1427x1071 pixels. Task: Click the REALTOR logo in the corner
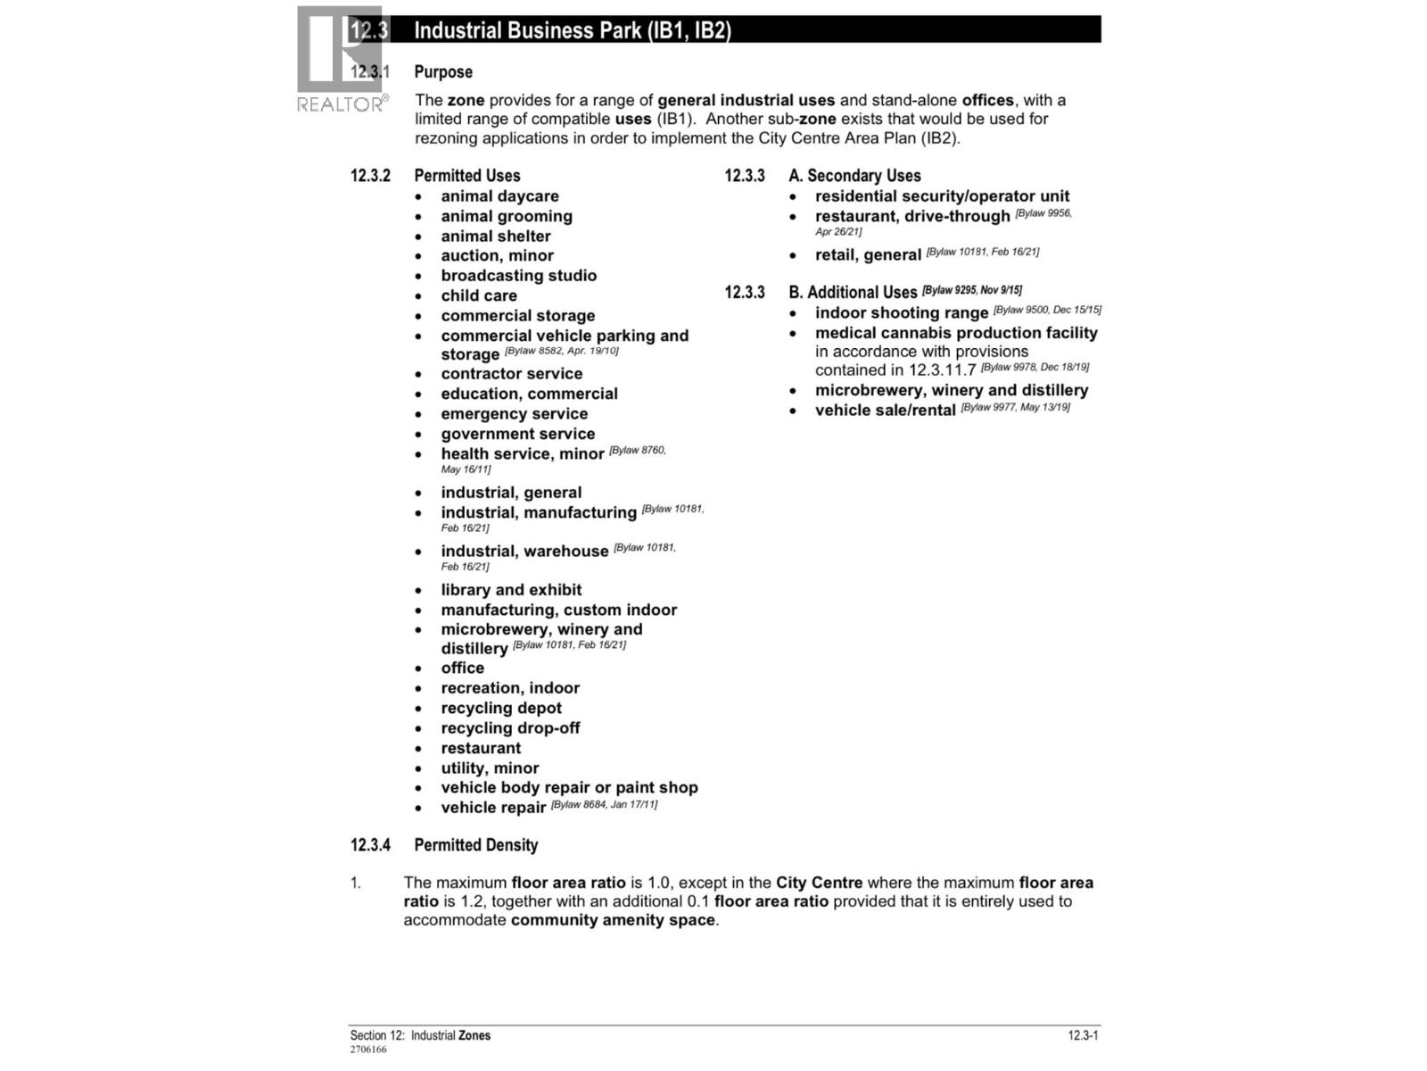tap(341, 60)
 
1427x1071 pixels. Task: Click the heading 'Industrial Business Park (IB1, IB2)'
tap(573, 30)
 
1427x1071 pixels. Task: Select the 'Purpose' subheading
tap(443, 72)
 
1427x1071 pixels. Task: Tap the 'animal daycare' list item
tap(499, 196)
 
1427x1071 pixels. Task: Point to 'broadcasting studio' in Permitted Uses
tap(518, 276)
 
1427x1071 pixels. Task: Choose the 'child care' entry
tap(479, 295)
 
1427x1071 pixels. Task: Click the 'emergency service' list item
tap(514, 414)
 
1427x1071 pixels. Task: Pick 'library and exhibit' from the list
tap(511, 590)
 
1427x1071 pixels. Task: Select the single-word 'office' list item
tap(462, 668)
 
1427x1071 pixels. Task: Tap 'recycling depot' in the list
tap(501, 709)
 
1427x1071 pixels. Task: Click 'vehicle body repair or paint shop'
tap(569, 788)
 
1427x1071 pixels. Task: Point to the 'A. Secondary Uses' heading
tap(854, 176)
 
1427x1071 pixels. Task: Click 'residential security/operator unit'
tap(942, 196)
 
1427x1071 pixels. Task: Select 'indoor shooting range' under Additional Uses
tap(901, 313)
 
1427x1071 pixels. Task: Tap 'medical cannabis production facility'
tap(956, 333)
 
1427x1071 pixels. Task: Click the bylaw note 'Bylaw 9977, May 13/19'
tap(1015, 408)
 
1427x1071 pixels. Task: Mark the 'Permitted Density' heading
tap(476, 845)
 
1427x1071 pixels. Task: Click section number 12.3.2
tap(370, 176)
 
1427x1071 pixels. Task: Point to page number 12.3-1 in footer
tap(1083, 1035)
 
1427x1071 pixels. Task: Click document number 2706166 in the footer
tap(368, 1050)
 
